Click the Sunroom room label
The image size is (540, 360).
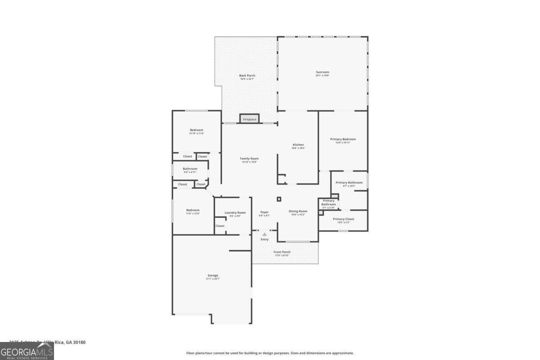pos(322,72)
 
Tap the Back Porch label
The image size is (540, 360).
pos(247,76)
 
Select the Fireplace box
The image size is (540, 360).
pos(249,119)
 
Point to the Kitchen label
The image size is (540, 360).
pos(298,145)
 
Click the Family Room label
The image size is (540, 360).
pos(249,158)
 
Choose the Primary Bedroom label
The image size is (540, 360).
pos(342,139)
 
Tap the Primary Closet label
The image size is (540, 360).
pos(343,219)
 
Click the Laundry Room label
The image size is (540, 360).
pos(235,212)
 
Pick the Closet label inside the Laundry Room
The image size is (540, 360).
pos(220,226)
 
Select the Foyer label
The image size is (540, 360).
pos(264,212)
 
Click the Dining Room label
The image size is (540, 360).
pos(298,211)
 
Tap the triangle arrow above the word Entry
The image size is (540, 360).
pos(265,234)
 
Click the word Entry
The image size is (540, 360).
pos(265,239)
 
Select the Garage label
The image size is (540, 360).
pos(212,275)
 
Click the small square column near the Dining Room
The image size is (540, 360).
pos(279,198)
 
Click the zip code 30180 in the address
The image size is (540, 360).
pos(79,342)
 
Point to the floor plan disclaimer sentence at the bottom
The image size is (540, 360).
pos(270,353)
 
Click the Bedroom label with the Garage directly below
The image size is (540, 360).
pos(193,210)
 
